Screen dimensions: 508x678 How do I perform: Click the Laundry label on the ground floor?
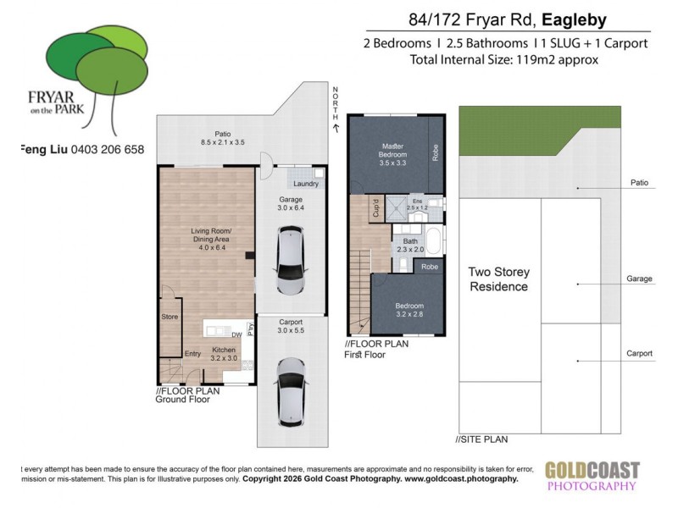[305, 184]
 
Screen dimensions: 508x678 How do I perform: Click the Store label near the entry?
[169, 317]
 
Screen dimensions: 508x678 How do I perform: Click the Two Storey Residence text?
[499, 279]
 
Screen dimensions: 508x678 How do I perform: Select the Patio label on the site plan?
[639, 181]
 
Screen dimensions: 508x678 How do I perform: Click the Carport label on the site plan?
[639, 354]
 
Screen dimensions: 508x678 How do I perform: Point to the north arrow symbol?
[336, 127]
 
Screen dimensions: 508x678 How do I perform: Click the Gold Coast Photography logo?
[592, 476]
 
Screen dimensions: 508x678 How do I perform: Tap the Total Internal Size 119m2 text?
[504, 59]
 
